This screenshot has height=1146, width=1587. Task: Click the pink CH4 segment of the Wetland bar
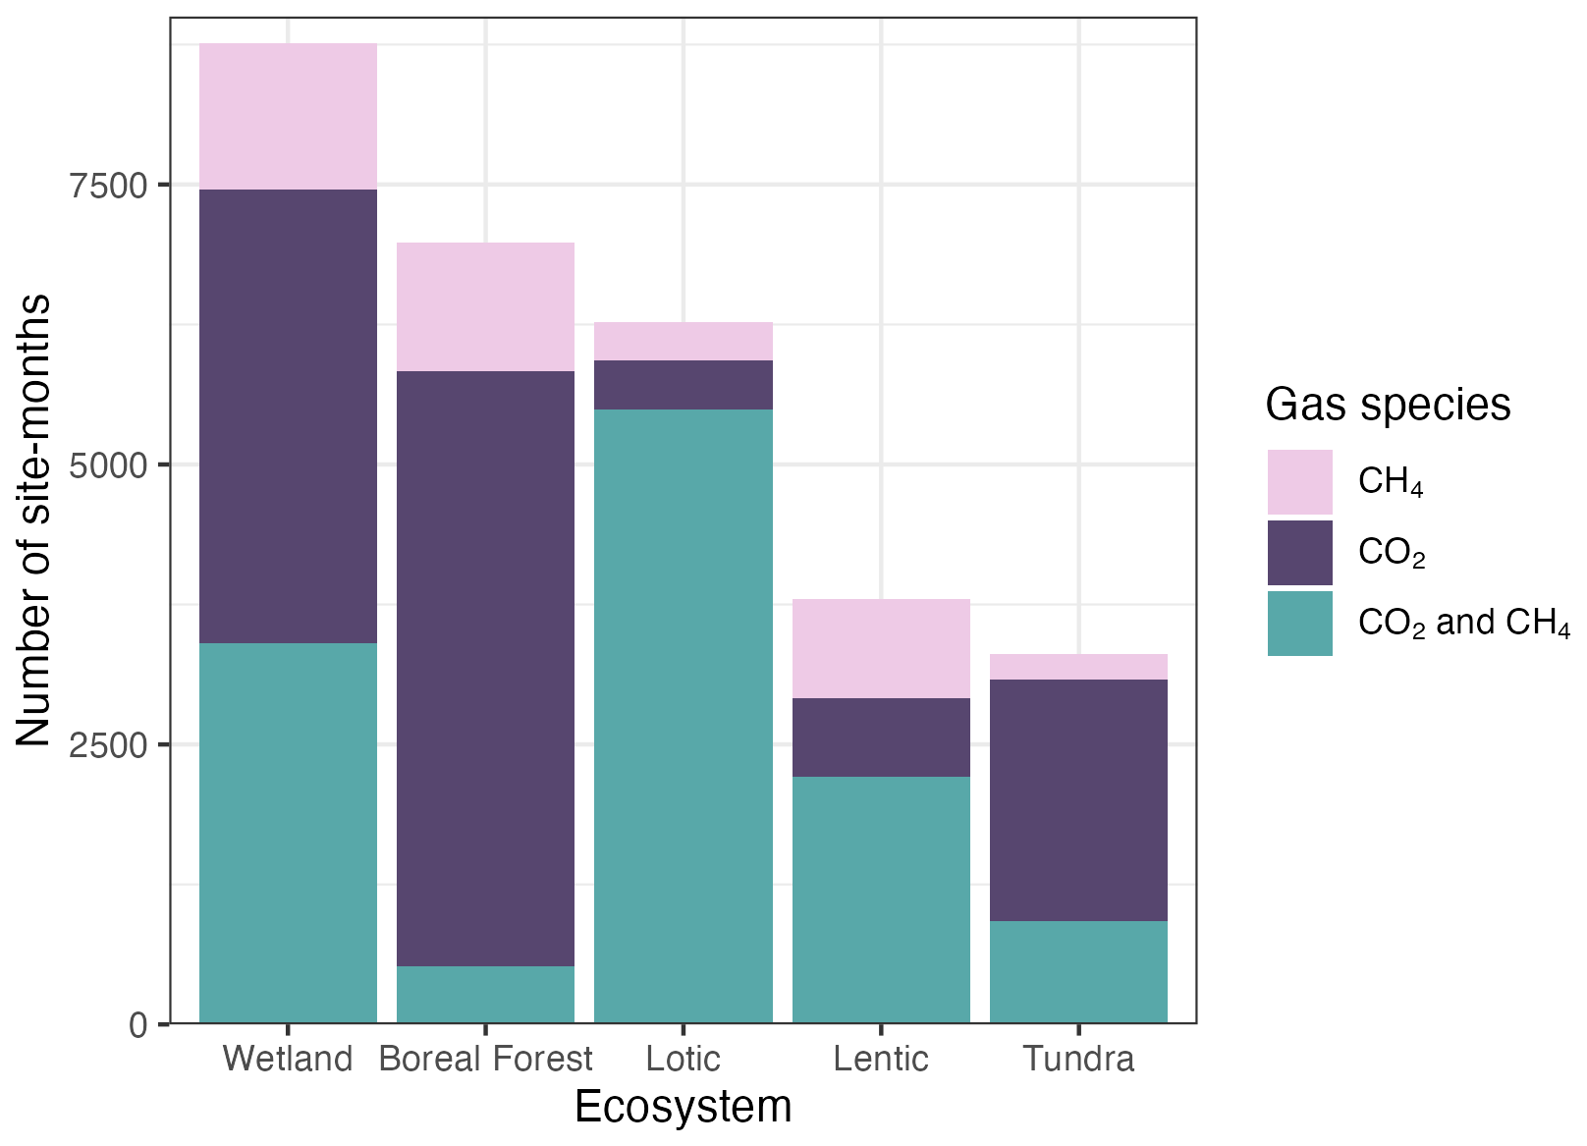288,116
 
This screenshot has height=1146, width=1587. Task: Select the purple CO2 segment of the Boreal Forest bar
485,669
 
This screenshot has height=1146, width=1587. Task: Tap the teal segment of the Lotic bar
683,716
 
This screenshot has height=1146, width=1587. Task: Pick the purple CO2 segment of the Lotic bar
683,385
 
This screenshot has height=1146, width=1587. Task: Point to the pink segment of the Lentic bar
881,649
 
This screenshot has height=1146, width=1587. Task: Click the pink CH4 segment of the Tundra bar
1078,667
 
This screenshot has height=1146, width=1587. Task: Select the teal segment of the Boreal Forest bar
485,995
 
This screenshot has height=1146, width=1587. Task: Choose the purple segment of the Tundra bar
1078,800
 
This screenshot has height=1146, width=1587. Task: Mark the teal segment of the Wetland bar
288,833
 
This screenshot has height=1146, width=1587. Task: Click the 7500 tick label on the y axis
108,187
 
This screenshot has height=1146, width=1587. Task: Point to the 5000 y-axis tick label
108,466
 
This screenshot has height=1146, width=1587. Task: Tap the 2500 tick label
108,745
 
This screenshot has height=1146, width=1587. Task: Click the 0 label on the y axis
138,1025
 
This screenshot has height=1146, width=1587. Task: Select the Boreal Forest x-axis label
485,1060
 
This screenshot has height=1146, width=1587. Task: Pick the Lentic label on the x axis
881,1060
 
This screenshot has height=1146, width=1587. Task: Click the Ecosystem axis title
683,1107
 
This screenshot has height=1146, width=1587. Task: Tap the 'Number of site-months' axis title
33,520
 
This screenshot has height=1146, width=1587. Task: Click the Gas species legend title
1388,406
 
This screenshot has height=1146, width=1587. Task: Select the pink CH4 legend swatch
1300,481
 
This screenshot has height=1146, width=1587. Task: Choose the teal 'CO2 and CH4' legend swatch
1300,624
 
